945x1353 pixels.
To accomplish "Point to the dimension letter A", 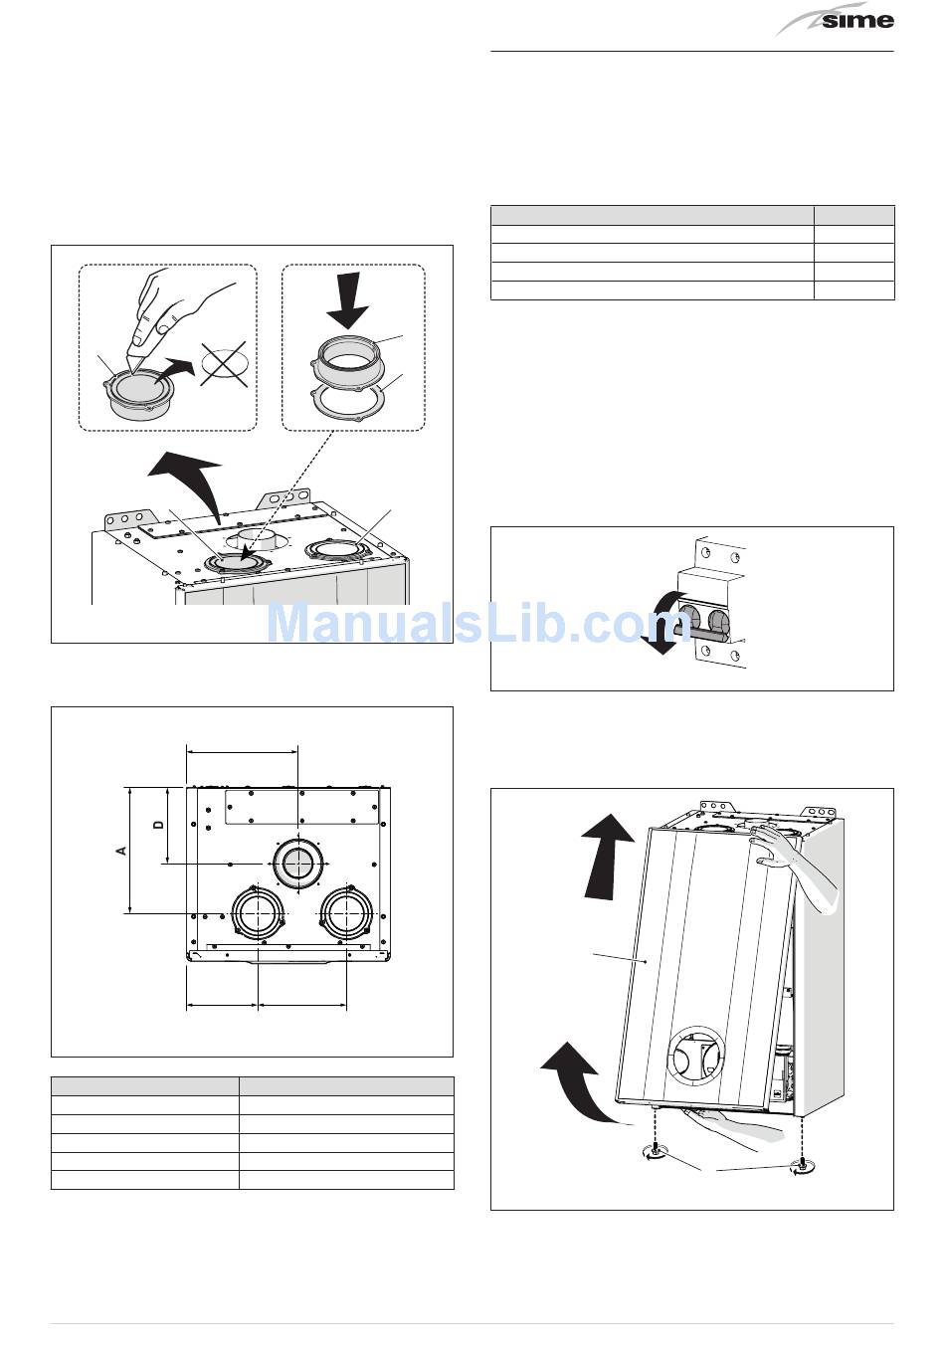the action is [x=121, y=850].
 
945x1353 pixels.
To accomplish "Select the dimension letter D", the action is [x=158, y=825].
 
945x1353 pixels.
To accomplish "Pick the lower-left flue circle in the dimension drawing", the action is [x=259, y=912].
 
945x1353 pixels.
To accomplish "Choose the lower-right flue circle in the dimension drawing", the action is [x=346, y=912].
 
